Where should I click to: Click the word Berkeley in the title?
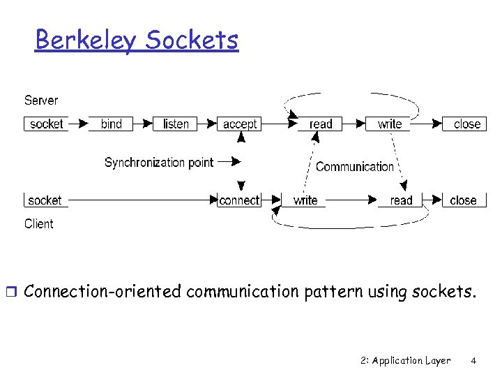(86, 40)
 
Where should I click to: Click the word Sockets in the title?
(192, 40)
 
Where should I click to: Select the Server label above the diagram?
(41, 100)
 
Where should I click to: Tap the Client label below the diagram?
(38, 223)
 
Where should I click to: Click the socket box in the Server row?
(46, 124)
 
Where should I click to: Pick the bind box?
(111, 124)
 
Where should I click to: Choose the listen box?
(176, 124)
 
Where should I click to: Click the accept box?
(240, 124)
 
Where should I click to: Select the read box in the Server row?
(321, 124)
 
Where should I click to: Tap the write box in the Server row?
(390, 124)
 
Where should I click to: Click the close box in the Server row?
(466, 124)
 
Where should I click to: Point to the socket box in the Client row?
(45, 200)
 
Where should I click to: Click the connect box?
(239, 200)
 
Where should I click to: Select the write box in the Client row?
(305, 200)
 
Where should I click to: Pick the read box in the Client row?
(401, 200)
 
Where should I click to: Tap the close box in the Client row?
(463, 200)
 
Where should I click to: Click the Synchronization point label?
(159, 163)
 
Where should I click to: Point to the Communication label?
(354, 167)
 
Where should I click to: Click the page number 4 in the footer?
(473, 361)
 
